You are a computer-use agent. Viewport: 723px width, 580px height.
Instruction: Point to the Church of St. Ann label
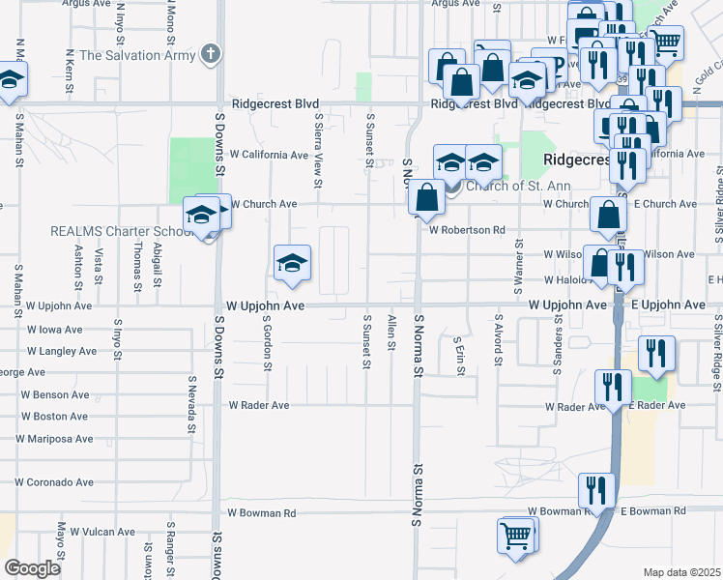[518, 187]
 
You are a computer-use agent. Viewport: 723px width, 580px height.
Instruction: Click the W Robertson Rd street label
[468, 230]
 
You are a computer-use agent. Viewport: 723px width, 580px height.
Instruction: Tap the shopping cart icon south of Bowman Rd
[516, 534]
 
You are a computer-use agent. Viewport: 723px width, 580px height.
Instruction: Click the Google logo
[32, 568]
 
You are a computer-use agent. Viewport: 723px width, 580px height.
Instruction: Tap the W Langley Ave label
[61, 351]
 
